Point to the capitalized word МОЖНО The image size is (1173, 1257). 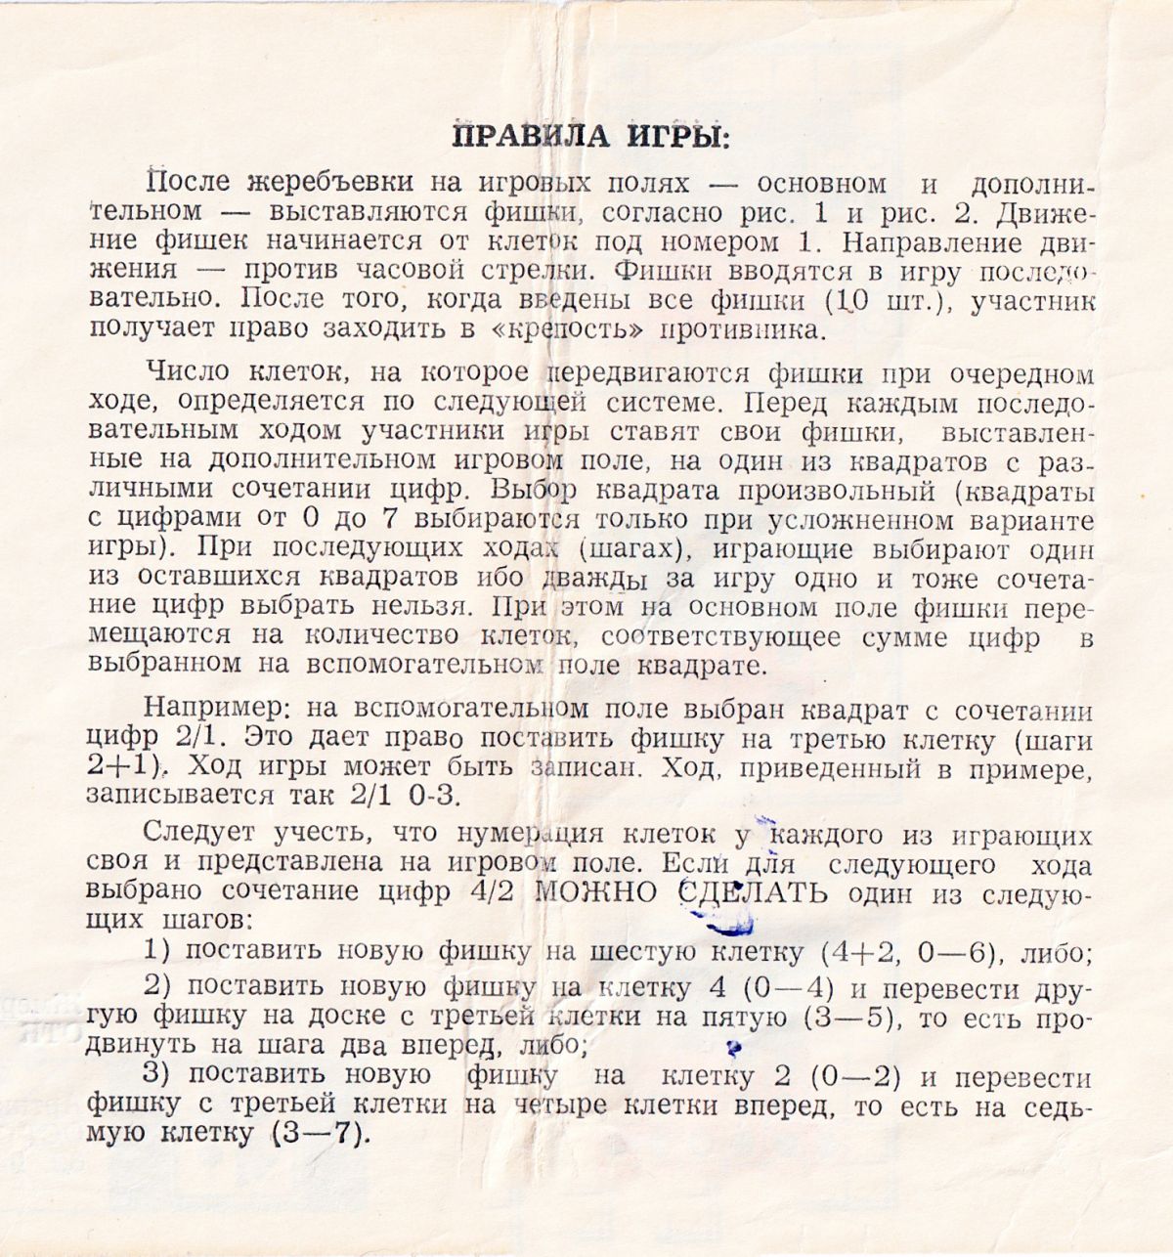pos(600,893)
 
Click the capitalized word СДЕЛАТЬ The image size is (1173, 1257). pos(752,893)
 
